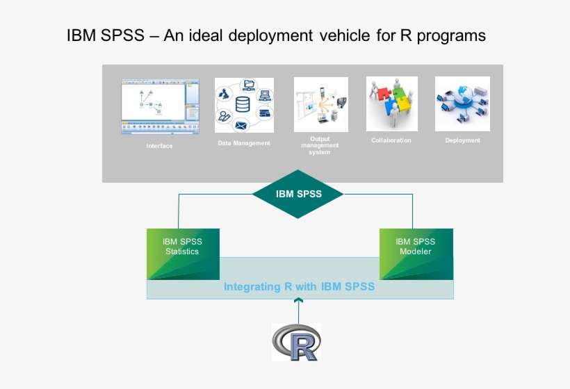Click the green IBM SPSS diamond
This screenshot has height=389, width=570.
[298, 194]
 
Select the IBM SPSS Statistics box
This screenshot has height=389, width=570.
[182, 252]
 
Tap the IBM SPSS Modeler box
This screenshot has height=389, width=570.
[415, 252]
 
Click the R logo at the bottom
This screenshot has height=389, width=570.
[296, 342]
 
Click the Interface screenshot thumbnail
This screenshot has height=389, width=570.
[160, 106]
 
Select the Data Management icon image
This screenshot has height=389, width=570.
[243, 105]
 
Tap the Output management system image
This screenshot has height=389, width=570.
[320, 104]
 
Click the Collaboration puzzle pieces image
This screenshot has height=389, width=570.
[391, 104]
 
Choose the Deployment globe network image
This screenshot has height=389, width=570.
[462, 104]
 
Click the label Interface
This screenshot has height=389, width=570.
[159, 146]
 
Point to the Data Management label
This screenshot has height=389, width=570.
[243, 143]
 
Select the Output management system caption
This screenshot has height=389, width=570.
[320, 145]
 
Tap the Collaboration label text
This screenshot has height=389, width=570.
[391, 140]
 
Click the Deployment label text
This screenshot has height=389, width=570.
[462, 140]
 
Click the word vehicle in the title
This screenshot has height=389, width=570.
[345, 35]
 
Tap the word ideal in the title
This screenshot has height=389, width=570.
[213, 35]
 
